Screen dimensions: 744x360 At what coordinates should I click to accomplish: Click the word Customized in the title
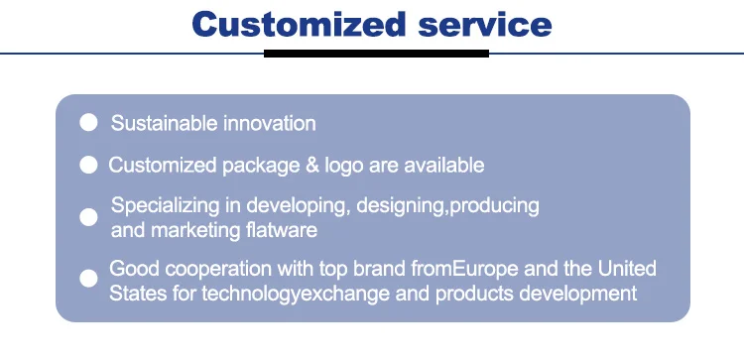[x=299, y=24]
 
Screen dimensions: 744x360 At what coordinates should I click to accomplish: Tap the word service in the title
[x=485, y=25]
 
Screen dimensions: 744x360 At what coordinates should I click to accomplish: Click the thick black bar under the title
[x=376, y=54]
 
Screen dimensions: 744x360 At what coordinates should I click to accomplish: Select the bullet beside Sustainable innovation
[x=88, y=122]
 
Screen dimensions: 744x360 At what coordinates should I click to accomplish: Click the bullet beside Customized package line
[x=88, y=165]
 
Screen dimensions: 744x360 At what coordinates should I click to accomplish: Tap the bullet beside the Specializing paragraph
[x=88, y=217]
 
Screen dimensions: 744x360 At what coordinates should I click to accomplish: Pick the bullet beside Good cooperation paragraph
[x=88, y=279]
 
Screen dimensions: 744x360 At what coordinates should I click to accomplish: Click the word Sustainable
[x=164, y=123]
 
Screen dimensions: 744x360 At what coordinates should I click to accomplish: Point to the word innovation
[x=270, y=123]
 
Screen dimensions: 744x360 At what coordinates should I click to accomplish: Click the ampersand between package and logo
[x=312, y=166]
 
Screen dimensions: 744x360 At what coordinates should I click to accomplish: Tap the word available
[x=444, y=165]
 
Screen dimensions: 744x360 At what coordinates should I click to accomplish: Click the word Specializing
[x=165, y=206]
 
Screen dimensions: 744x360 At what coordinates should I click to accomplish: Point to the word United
[x=627, y=269]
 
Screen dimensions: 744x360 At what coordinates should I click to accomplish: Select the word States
[x=138, y=294]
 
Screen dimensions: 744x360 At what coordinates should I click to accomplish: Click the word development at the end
[x=578, y=295]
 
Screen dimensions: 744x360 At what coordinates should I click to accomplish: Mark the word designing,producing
[x=447, y=206]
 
